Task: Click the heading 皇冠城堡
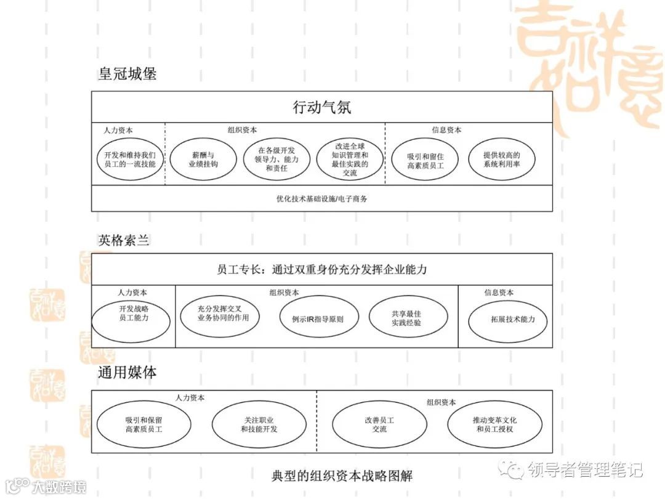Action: coord(127,74)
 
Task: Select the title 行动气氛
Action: coord(321,107)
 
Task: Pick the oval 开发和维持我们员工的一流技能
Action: coord(129,160)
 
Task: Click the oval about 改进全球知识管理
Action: coord(350,160)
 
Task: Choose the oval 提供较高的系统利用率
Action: coord(501,160)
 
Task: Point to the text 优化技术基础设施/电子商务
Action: coord(321,199)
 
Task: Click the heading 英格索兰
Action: coord(124,240)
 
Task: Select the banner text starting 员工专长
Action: coord(321,269)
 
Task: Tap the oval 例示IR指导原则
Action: coord(318,319)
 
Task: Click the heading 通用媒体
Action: coord(127,373)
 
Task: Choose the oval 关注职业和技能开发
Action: coord(259,424)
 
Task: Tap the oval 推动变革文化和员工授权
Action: coord(494,424)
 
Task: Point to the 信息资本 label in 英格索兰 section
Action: coord(499,293)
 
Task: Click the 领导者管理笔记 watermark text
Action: coord(585,470)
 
